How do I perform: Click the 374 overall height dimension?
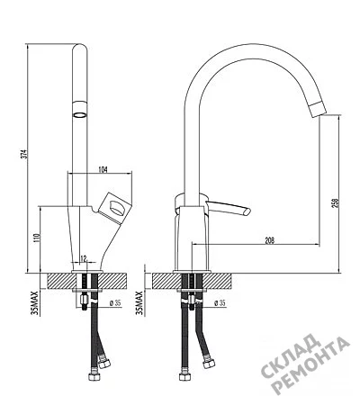26,154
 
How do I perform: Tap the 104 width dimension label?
103,170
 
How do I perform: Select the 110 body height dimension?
37,238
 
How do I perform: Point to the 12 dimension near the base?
84,258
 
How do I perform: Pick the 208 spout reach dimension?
270,240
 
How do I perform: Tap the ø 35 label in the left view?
115,303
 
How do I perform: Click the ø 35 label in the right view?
220,303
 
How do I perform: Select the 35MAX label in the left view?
36,302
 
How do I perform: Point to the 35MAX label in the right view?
139,302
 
